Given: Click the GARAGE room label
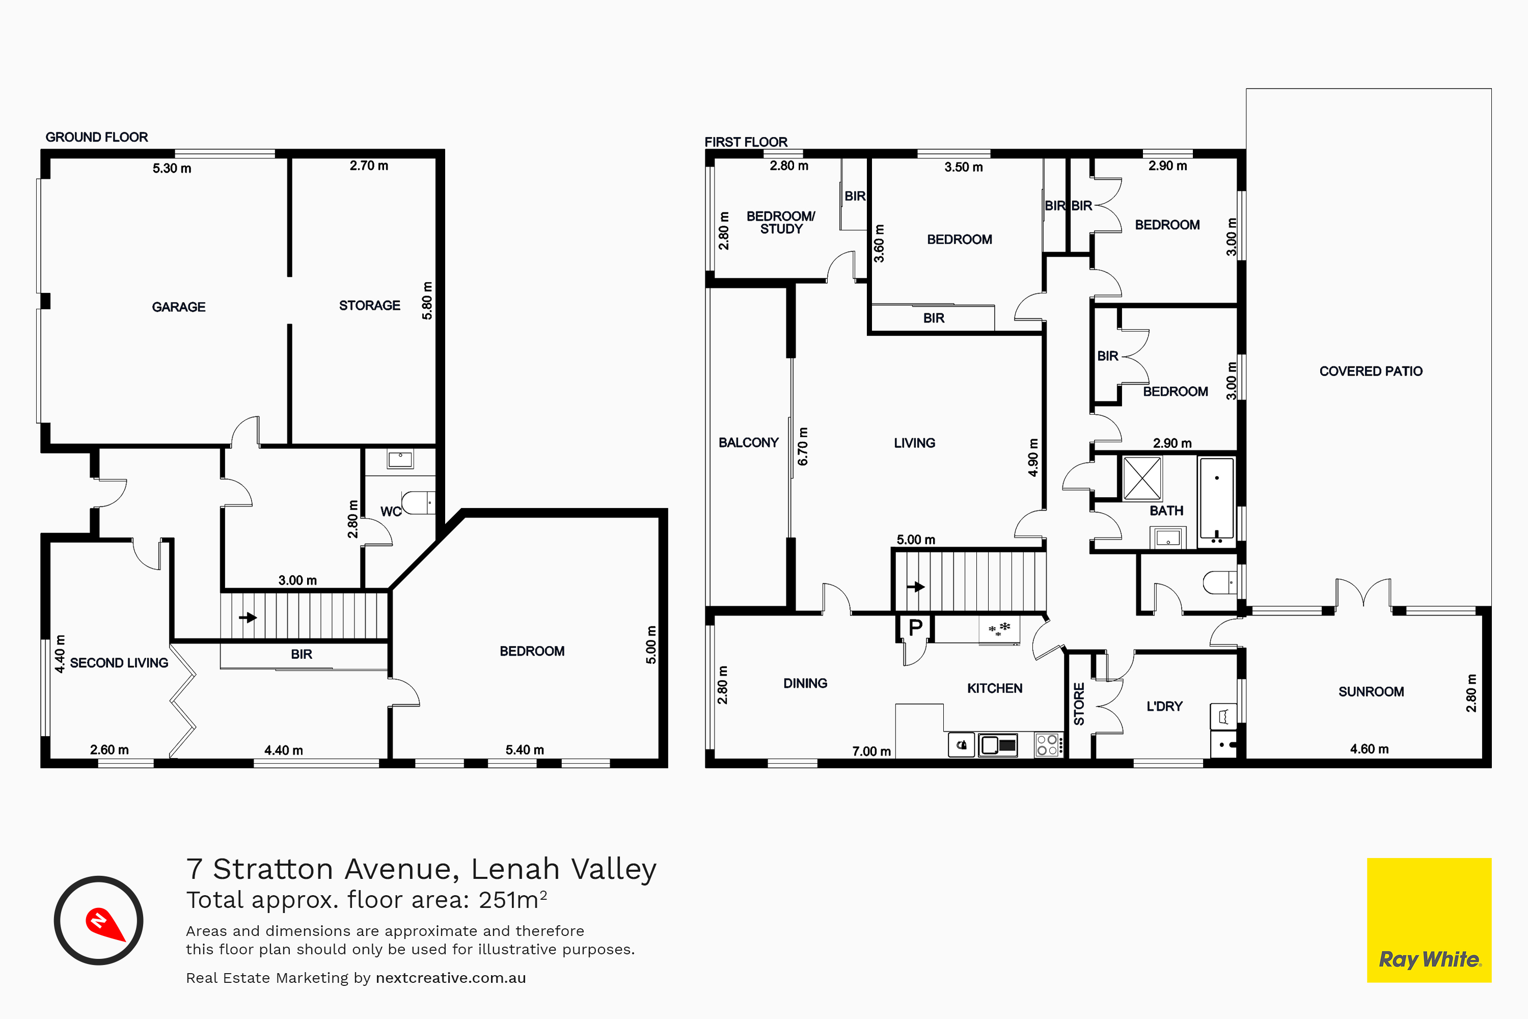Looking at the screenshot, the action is pyautogui.click(x=179, y=307).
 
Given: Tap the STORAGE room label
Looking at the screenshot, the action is pyautogui.click(x=370, y=305).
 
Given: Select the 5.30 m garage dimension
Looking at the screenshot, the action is pyautogui.click(x=172, y=168).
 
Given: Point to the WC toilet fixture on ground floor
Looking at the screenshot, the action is pyautogui.click(x=418, y=503).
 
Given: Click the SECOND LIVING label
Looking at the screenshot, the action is pyautogui.click(x=119, y=663).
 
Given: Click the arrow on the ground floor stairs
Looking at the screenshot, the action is pyautogui.click(x=248, y=618).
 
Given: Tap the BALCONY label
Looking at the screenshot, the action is pyautogui.click(x=748, y=443).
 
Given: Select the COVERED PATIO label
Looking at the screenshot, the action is pyautogui.click(x=1371, y=371).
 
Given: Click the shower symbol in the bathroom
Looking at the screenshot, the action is pyautogui.click(x=1142, y=478).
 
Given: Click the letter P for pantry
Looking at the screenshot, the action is pyautogui.click(x=915, y=628).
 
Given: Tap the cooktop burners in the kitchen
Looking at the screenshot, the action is pyautogui.click(x=1047, y=745).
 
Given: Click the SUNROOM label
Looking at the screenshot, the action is pyautogui.click(x=1371, y=691).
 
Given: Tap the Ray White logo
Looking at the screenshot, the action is pyautogui.click(x=1429, y=920).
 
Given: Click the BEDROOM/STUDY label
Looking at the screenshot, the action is pyautogui.click(x=781, y=222).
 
